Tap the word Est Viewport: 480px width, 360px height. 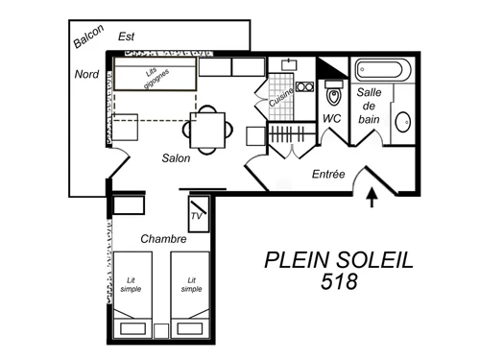(126, 36)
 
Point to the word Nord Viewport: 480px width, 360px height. (87, 74)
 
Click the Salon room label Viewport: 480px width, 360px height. (175, 158)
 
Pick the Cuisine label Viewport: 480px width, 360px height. (280, 97)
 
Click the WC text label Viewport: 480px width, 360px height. (333, 119)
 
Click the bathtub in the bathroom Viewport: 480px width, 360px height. (383, 70)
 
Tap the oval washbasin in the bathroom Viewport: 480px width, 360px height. (405, 123)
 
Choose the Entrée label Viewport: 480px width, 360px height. (329, 175)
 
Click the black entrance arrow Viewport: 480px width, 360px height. (373, 199)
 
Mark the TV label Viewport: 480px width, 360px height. (198, 216)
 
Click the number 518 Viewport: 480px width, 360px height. (339, 282)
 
